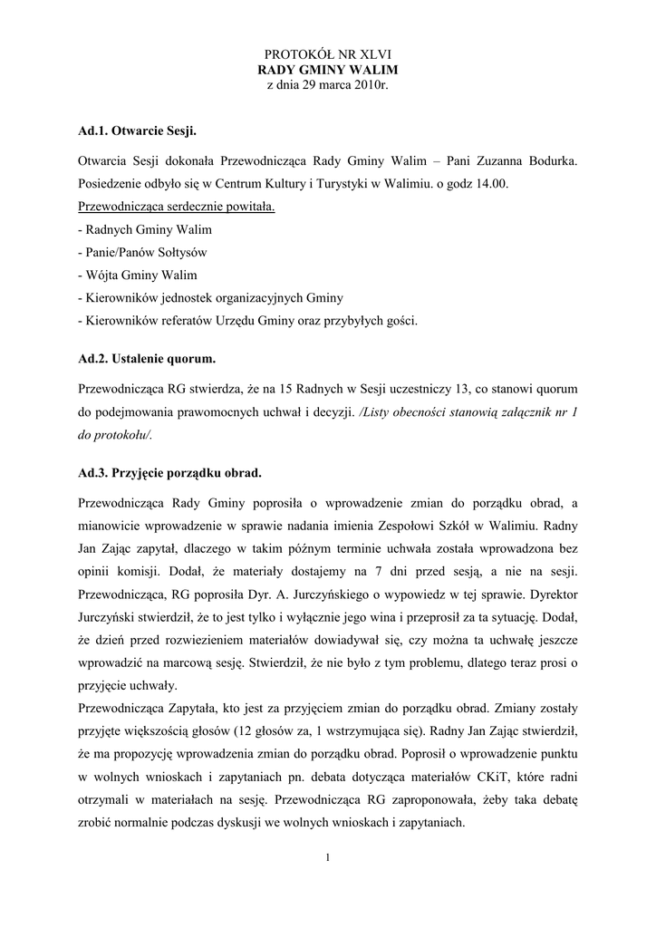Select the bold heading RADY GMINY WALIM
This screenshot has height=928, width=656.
[x=328, y=70]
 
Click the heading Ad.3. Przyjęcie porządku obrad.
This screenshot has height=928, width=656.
[x=170, y=472]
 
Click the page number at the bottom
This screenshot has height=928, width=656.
[x=328, y=858]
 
